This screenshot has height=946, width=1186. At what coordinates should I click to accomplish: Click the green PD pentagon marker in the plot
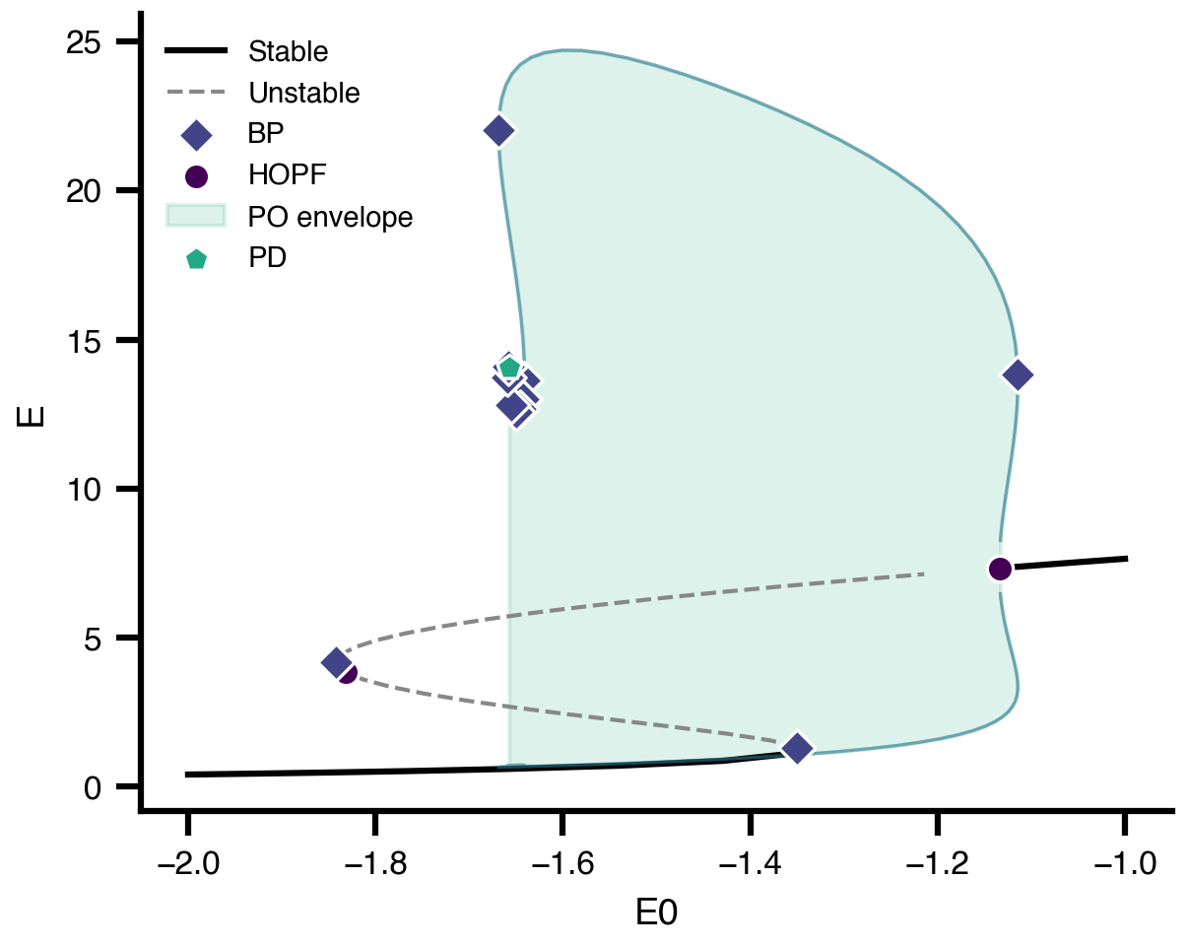[509, 368]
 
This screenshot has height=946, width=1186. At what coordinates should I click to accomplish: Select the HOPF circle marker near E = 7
[1000, 569]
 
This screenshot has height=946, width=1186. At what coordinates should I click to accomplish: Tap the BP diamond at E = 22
[499, 130]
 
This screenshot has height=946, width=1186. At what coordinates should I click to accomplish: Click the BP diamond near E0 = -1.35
[796, 748]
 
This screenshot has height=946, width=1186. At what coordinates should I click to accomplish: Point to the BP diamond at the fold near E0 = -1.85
[336, 662]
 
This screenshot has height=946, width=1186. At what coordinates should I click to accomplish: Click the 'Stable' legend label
[289, 50]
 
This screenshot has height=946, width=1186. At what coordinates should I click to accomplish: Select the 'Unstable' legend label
[304, 94]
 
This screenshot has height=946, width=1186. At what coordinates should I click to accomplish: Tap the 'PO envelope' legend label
[330, 217]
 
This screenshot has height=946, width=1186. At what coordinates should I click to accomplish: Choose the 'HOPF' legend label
[287, 175]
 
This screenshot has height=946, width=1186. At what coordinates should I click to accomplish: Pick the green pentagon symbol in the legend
[196, 260]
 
